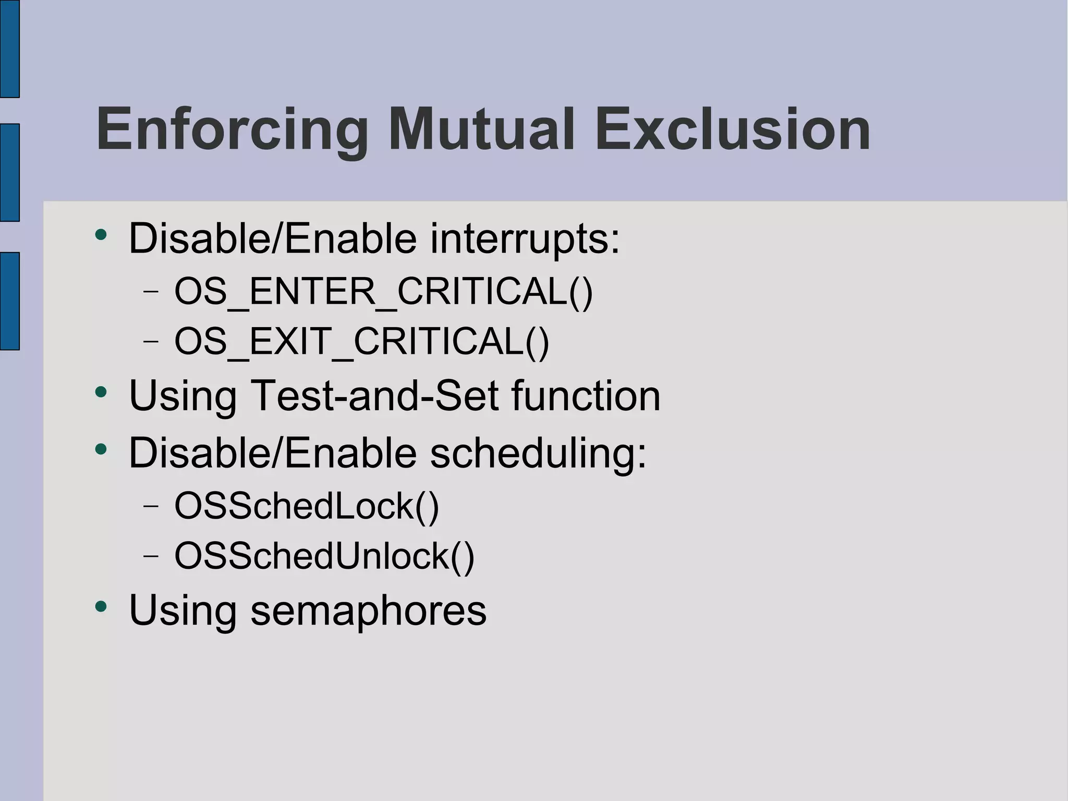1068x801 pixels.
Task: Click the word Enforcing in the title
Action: coord(233,129)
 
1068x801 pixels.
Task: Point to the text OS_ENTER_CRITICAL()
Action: coord(383,291)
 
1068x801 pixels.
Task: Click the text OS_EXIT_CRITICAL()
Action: coord(361,342)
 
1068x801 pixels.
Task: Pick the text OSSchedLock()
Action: coord(307,506)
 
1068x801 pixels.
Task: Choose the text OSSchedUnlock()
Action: coord(324,556)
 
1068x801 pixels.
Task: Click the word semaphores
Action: coord(368,610)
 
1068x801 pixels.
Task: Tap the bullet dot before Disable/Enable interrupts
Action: coord(101,235)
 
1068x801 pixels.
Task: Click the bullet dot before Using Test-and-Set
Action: coord(101,392)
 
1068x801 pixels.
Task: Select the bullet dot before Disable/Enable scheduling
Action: coord(101,449)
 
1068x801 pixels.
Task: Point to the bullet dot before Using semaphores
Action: coord(101,606)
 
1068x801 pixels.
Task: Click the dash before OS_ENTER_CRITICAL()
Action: coord(151,291)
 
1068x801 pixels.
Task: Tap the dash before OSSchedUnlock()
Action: coord(151,556)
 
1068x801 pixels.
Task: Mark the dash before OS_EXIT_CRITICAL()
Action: coord(151,342)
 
